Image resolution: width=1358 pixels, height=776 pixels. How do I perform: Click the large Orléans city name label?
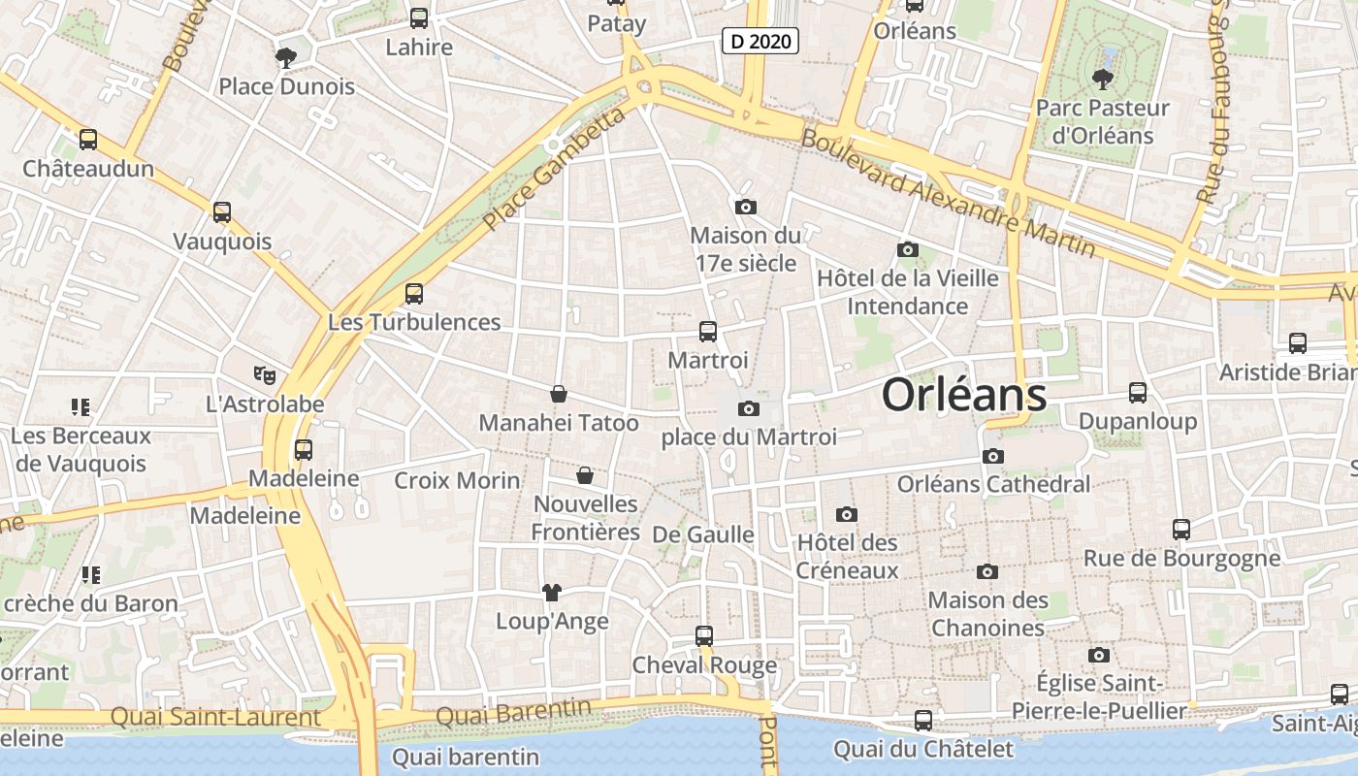[964, 396]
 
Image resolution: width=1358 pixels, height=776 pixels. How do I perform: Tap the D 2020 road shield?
[760, 41]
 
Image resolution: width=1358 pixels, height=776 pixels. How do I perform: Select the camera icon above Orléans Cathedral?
[992, 456]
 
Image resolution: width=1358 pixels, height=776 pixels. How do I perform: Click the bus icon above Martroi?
[708, 332]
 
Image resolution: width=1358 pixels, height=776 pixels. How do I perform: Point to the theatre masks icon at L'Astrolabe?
[264, 374]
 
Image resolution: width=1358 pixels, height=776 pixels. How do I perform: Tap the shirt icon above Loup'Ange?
[551, 592]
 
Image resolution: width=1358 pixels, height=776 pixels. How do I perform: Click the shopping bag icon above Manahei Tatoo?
[559, 394]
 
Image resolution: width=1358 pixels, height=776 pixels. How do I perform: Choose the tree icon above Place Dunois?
[285, 58]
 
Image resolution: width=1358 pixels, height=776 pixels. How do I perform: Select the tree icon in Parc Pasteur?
[1102, 79]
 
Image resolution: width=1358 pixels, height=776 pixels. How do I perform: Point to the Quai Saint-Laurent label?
[215, 718]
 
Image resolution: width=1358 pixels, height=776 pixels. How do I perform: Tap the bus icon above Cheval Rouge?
[704, 636]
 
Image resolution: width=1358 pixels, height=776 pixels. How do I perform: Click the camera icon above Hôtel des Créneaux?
[847, 514]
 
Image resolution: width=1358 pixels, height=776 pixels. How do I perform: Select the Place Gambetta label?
[554, 171]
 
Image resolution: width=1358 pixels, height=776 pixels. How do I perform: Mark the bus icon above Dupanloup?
[1138, 393]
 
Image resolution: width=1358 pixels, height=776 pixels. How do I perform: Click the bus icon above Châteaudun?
[88, 140]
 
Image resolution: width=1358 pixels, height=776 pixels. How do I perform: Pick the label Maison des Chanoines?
[987, 614]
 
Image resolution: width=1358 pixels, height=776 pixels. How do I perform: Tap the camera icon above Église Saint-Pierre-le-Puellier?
[1098, 656]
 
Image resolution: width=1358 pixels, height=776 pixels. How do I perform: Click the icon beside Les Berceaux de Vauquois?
[81, 407]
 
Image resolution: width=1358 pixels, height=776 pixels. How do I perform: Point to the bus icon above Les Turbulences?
[414, 293]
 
